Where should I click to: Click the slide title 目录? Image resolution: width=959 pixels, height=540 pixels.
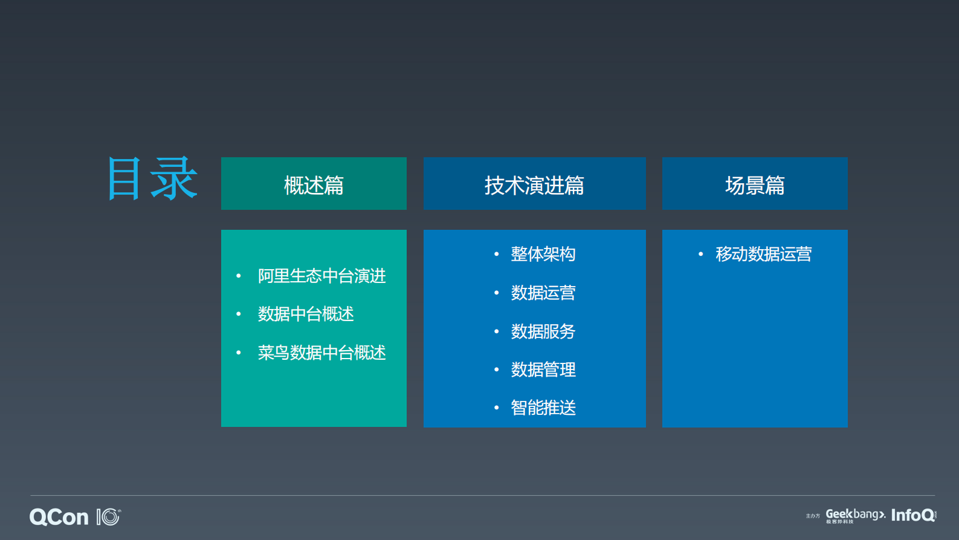(x=152, y=179)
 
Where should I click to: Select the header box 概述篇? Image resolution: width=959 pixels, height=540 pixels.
(x=314, y=184)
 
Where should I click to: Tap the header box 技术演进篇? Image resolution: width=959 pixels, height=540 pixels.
(x=534, y=184)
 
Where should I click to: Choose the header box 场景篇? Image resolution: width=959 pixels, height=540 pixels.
(x=755, y=184)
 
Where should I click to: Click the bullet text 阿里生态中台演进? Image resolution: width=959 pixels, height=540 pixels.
(x=321, y=276)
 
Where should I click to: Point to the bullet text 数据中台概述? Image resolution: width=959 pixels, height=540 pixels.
(x=306, y=314)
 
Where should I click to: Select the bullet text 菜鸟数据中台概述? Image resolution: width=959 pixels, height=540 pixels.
(x=321, y=353)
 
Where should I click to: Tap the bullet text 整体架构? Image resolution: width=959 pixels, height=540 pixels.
(x=543, y=255)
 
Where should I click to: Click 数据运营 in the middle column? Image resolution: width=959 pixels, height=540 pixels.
(x=543, y=293)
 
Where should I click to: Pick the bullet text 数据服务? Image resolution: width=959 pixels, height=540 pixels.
(x=543, y=332)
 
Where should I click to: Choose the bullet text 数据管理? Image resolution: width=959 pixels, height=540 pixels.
(x=543, y=370)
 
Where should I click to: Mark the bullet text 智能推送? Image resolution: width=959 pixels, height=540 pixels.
(x=543, y=408)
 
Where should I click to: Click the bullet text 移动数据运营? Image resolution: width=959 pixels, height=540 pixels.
(x=763, y=255)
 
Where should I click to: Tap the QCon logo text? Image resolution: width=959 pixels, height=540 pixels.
(x=59, y=518)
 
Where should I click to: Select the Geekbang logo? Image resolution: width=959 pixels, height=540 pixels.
(x=855, y=515)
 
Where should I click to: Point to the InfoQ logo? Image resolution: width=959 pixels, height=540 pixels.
(x=913, y=515)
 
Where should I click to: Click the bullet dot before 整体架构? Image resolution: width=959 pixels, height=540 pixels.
(x=497, y=255)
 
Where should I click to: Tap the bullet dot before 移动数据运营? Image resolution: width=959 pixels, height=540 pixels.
(x=700, y=255)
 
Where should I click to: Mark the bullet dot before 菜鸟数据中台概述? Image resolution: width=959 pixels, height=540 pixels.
(x=239, y=353)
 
